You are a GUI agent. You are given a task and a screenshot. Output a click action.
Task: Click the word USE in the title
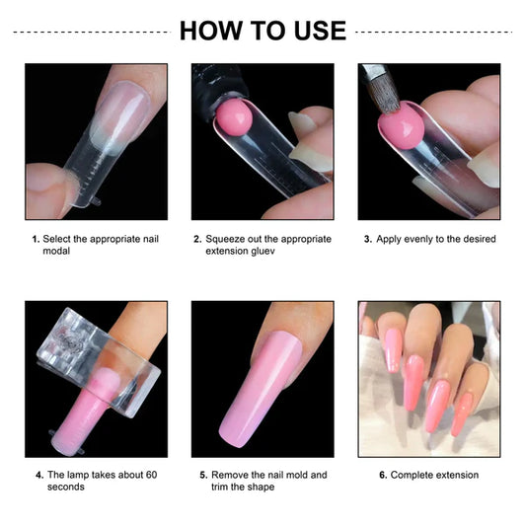315,31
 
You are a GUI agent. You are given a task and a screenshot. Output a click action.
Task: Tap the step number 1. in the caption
36,239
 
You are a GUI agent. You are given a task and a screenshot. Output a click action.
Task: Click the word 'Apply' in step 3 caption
392,239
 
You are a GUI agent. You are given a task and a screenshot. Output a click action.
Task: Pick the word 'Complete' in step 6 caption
413,476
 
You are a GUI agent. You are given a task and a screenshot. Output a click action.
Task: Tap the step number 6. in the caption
383,476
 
